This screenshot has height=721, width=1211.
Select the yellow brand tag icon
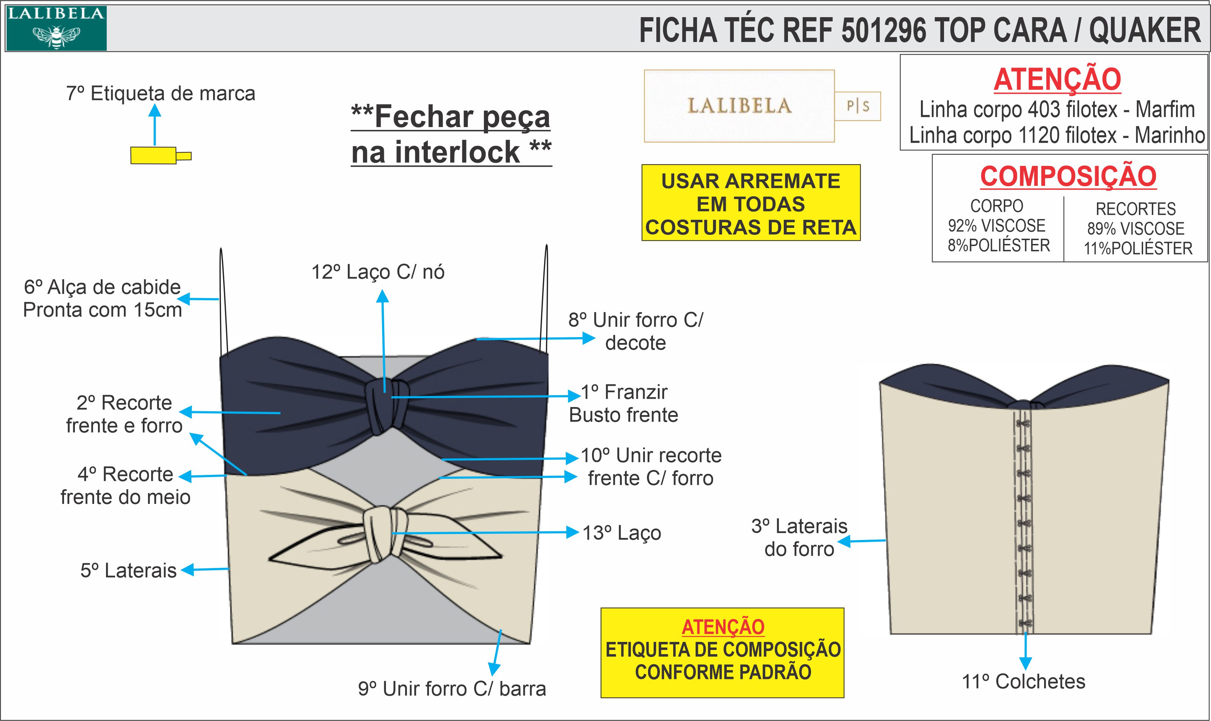(154, 155)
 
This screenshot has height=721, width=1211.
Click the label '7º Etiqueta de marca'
(160, 93)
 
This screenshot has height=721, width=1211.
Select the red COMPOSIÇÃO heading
(1068, 176)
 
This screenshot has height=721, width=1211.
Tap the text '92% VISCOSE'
(997, 226)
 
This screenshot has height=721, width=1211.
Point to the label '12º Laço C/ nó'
(378, 272)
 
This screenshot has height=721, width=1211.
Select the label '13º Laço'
(621, 533)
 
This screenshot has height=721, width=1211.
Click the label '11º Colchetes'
(1023, 682)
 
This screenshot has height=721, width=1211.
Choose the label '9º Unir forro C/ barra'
(452, 689)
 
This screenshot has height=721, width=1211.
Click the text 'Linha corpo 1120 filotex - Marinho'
(1057, 135)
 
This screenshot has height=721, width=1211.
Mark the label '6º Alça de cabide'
(103, 287)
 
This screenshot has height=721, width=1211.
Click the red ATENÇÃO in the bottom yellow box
(723, 627)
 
